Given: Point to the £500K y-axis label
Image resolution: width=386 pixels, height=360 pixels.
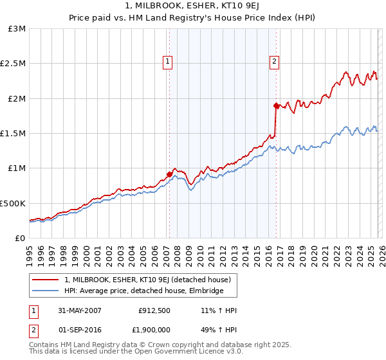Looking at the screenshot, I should pos(13,203).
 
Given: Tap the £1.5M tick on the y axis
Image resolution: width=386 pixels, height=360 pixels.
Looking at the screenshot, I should pos(13,134).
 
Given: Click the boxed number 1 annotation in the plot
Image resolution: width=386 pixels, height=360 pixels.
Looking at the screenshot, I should pos(168,62).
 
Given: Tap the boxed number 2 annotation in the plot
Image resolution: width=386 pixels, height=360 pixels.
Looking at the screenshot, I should pos(274,62).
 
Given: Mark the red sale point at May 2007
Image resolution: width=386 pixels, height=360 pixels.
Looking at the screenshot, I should pos(170,174).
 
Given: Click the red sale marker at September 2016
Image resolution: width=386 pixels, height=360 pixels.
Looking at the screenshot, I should pos(276,105).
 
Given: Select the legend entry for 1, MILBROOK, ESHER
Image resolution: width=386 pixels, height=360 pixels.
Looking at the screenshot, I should pos(151,280).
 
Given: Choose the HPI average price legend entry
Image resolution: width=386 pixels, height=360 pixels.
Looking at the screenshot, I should pos(143,291).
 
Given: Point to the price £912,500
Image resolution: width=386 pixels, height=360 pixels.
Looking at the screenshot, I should pos(154,310).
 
